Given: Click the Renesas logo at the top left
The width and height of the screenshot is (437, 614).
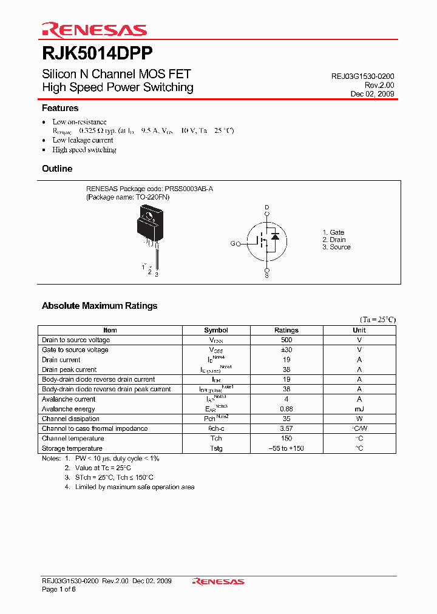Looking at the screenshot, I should point(94,30).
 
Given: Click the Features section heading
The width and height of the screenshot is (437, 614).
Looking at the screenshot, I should point(60,108).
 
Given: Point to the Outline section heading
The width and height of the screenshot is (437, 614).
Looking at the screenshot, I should point(57,169).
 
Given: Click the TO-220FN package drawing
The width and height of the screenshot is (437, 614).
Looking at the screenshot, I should point(149,227).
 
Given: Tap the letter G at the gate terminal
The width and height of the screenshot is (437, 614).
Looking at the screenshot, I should point(232,244).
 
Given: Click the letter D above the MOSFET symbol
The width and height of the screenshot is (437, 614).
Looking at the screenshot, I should point(266,208).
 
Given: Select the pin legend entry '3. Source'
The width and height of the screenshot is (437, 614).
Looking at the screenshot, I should point(336,247).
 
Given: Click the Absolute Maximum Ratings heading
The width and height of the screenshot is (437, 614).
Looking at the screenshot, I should point(100,306).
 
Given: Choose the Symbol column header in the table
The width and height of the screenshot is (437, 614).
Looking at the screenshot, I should point(216,330).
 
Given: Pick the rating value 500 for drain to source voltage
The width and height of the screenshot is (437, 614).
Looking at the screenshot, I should point(286,340).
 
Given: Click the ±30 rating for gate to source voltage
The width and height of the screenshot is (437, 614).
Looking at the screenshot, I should point(286,350).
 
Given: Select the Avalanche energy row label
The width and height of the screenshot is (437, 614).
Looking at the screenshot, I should point(68,409).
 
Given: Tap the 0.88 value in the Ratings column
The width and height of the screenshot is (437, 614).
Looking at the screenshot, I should point(286,409).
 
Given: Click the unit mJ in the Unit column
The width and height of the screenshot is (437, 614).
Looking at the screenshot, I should point(359,409).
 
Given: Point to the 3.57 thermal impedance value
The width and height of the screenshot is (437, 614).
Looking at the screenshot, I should point(286,428).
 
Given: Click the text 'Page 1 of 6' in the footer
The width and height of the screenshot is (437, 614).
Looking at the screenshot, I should point(58,590).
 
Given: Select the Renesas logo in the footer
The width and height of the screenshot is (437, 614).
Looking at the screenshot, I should point(218,581).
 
